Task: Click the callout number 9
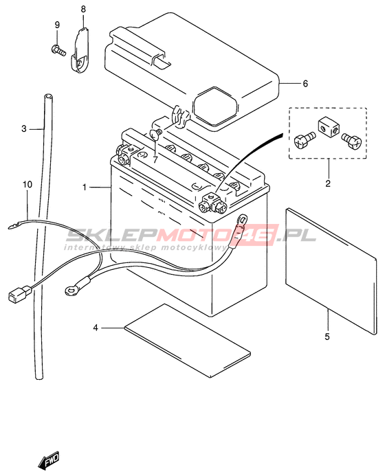click(x=58, y=25)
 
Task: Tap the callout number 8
click(x=83, y=10)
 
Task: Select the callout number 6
click(x=305, y=83)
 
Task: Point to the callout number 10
click(x=27, y=184)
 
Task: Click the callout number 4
click(x=96, y=328)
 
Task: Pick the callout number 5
click(x=327, y=337)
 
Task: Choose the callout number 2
click(x=328, y=183)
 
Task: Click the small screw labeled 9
click(x=59, y=50)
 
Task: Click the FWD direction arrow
click(x=49, y=460)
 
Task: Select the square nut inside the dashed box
click(x=328, y=128)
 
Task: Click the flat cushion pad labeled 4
click(x=188, y=341)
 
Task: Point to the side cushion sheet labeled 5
click(x=331, y=271)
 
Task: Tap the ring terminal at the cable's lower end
click(x=71, y=291)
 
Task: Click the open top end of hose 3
click(x=47, y=97)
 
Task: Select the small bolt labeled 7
click(x=155, y=134)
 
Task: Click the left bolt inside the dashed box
click(x=305, y=141)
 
